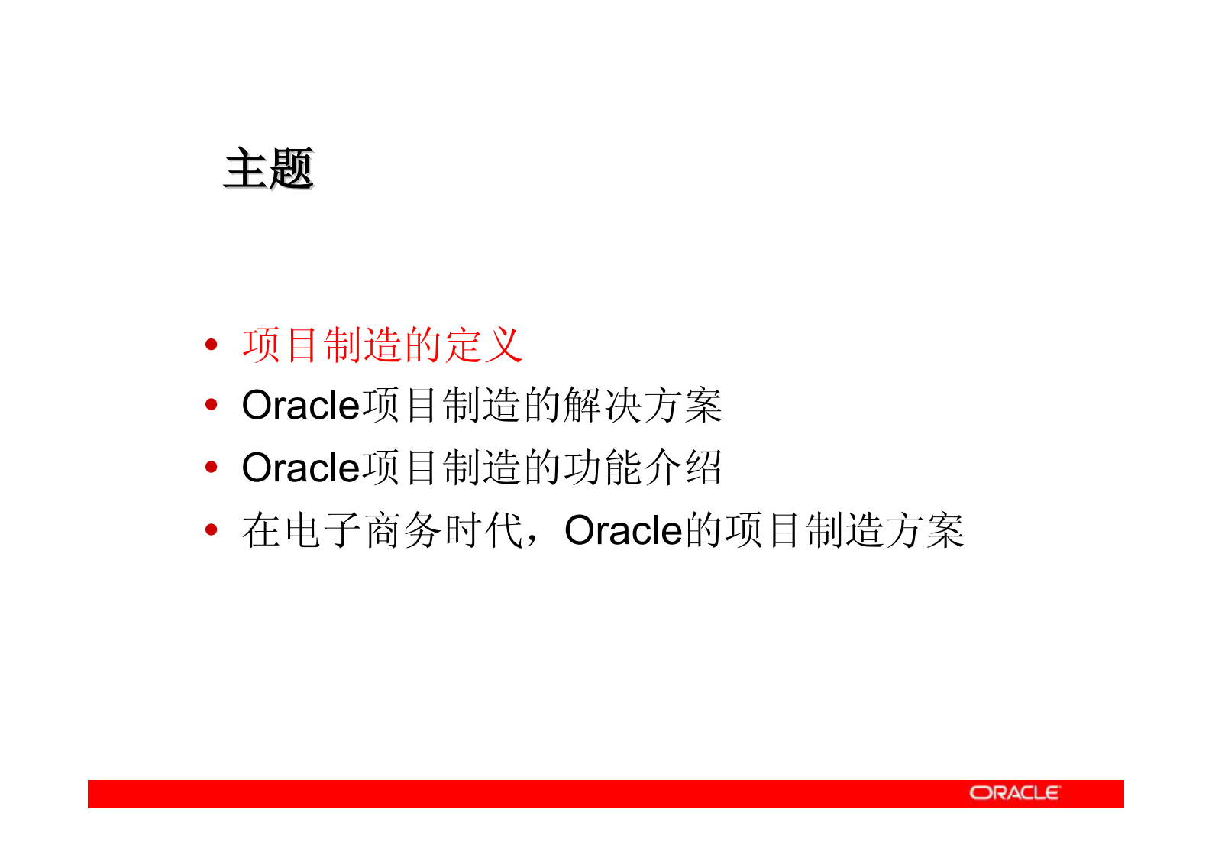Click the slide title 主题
269,168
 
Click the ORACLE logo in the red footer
1014,793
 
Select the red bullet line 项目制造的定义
382,345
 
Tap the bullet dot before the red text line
212,345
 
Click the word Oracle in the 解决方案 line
300,405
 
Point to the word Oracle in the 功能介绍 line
300,468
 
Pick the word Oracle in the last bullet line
622,530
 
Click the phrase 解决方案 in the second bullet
642,405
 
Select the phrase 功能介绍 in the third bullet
642,468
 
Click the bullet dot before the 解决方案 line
212,405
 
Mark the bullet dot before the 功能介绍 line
212,467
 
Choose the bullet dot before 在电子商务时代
212,529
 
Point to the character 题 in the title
291,168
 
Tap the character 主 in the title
246,168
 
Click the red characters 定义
483,345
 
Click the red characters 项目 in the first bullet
281,345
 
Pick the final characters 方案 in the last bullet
924,530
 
